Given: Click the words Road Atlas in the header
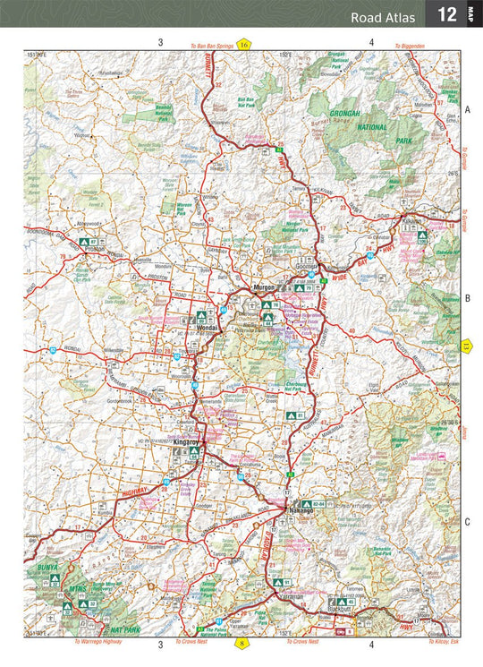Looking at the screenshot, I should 384,16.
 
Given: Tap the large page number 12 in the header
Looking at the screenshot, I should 445,15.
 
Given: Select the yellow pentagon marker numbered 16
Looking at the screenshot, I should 243,44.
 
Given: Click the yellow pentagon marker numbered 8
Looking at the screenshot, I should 241,643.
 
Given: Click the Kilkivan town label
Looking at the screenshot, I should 411,220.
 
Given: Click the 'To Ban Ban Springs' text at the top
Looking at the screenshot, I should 211,44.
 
